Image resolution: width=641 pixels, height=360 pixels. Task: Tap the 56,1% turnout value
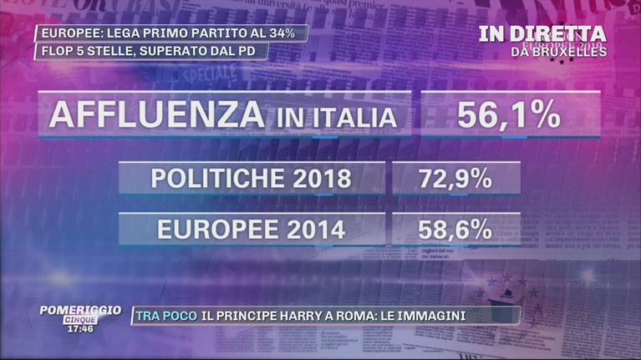(509, 114)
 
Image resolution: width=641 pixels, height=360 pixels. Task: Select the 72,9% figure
(455, 179)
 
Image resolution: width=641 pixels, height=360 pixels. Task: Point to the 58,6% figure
(455, 230)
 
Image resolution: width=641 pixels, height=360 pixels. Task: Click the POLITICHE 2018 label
(251, 179)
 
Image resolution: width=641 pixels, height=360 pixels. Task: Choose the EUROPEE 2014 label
(251, 230)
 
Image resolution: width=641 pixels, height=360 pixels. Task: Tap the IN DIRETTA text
(542, 34)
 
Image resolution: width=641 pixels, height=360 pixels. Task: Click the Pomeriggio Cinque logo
(79, 313)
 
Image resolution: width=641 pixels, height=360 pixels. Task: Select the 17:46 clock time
(79, 328)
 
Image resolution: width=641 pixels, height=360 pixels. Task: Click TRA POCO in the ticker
(165, 316)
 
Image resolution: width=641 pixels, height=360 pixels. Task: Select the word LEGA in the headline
(118, 33)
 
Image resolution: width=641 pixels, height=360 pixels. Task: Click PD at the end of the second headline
(254, 51)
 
